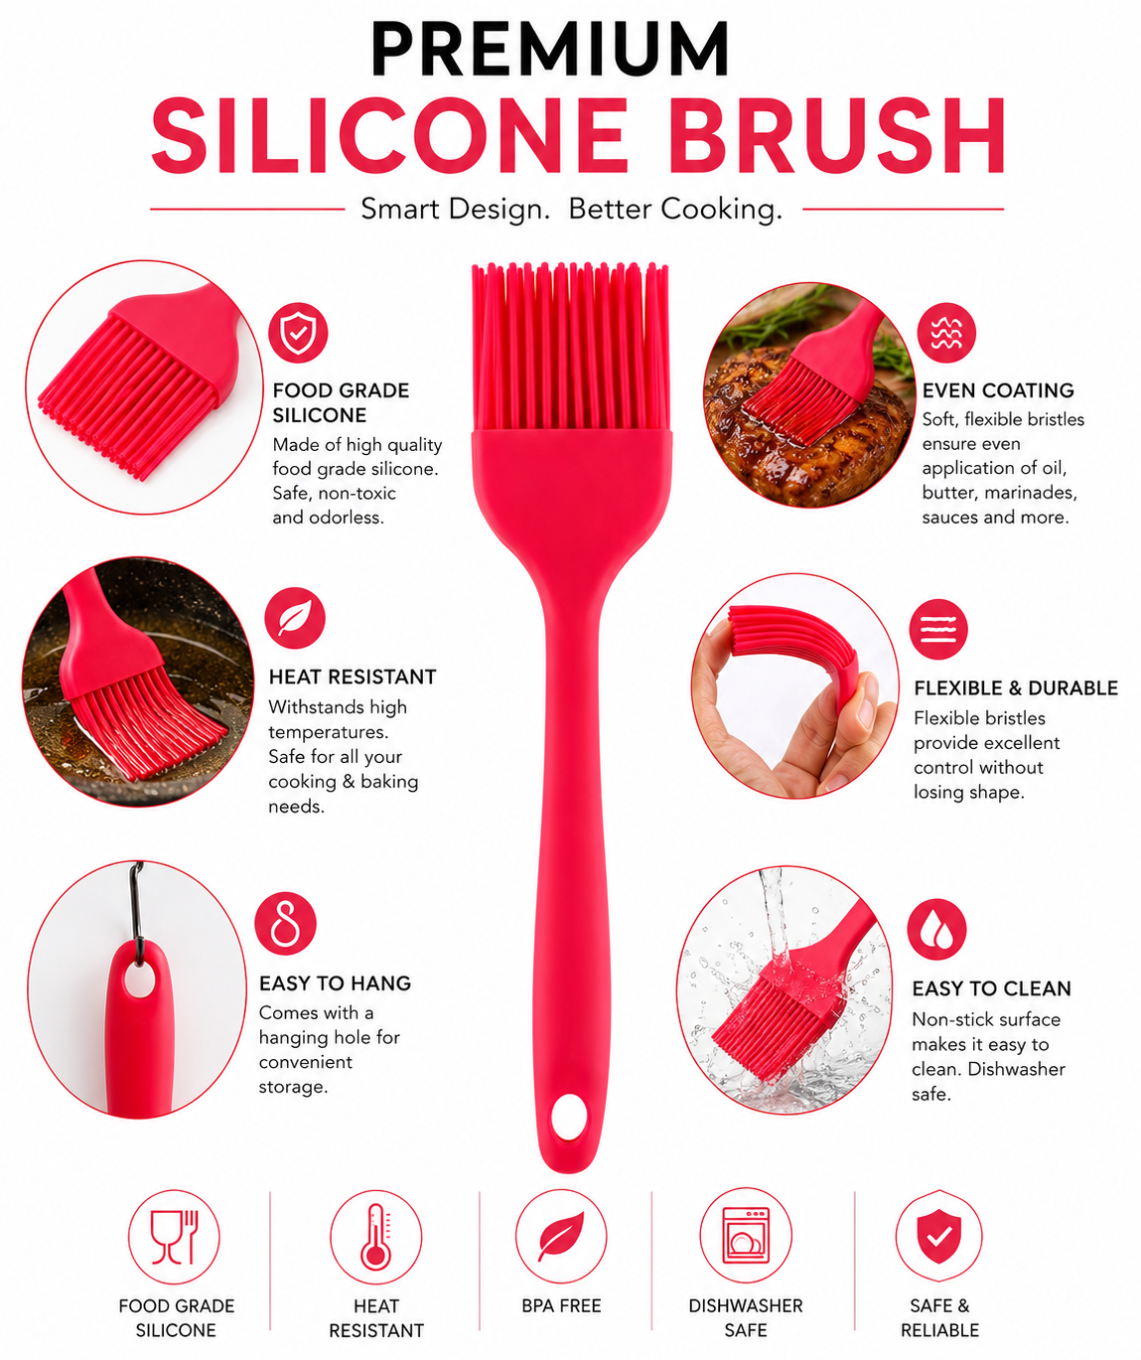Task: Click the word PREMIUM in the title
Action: pyautogui.click(x=550, y=49)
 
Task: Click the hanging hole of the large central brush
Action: pyautogui.click(x=569, y=1117)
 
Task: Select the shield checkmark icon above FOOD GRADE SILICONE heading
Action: pyautogui.click(x=298, y=332)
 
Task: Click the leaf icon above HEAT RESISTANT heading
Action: pyautogui.click(x=294, y=618)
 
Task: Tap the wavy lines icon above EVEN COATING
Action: pyautogui.click(x=946, y=332)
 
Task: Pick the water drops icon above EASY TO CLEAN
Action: pyautogui.click(x=936, y=930)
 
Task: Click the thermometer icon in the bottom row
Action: pyautogui.click(x=375, y=1237)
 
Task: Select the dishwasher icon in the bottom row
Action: pyautogui.click(x=746, y=1236)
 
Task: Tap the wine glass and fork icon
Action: pyautogui.click(x=174, y=1237)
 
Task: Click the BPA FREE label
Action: pyautogui.click(x=561, y=1305)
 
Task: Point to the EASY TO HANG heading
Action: pyautogui.click(x=335, y=982)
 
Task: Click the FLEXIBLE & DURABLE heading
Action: pyautogui.click(x=1015, y=687)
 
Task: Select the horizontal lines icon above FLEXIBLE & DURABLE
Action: pyautogui.click(x=938, y=629)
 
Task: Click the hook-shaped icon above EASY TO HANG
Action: pyautogui.click(x=285, y=924)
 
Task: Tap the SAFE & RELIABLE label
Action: pyautogui.click(x=939, y=1317)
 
